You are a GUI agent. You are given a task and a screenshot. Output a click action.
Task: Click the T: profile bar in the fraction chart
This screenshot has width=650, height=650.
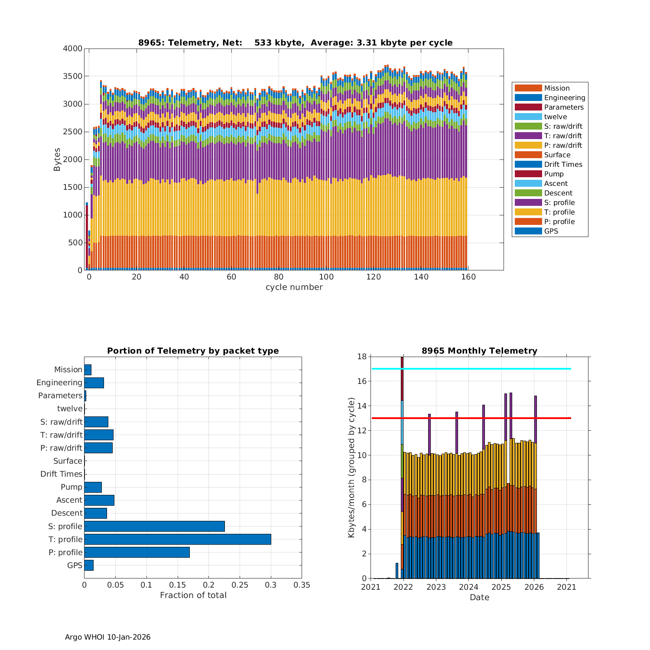tap(178, 539)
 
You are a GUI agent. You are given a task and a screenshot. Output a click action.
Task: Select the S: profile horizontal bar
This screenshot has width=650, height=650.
tap(154, 526)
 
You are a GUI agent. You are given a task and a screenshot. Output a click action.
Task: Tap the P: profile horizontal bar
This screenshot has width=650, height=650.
tap(137, 552)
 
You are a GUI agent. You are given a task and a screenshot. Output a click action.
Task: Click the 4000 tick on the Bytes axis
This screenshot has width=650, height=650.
tap(72, 49)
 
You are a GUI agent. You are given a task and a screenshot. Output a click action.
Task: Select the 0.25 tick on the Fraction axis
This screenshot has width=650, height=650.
tap(240, 585)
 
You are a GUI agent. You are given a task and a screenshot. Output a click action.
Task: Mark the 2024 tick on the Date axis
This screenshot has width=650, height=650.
tap(469, 587)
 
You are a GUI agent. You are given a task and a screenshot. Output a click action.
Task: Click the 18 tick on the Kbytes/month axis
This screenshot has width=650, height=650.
tap(362, 357)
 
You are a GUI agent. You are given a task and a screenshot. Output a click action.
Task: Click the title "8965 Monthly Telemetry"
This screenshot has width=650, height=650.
tap(479, 351)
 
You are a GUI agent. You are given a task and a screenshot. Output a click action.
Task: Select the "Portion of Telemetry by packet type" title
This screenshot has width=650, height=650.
tap(193, 351)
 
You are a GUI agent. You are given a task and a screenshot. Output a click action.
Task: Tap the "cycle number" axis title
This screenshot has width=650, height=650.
tap(294, 287)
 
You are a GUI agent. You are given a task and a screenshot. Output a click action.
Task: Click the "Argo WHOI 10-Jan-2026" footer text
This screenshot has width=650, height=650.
tap(107, 637)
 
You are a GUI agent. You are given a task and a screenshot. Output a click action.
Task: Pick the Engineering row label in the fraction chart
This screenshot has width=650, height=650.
tap(59, 383)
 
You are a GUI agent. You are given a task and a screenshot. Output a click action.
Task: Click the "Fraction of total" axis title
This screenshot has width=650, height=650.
tap(193, 595)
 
